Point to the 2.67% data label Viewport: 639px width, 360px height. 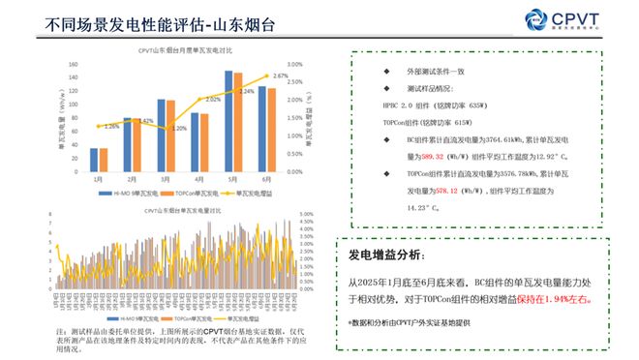coord(281,75)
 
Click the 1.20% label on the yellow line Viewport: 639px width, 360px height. coord(179,129)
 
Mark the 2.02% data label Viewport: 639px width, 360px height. coord(213,100)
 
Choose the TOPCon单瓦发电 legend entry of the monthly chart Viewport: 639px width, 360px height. coord(186,193)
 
